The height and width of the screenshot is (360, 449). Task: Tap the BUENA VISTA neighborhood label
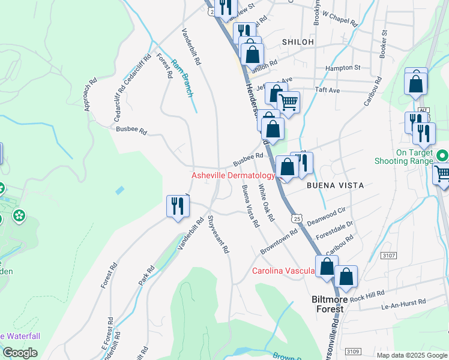[x=335, y=185]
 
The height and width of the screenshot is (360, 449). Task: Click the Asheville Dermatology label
[x=233, y=176]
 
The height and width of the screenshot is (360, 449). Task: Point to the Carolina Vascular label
[x=283, y=271]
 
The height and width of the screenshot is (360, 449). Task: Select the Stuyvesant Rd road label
[x=218, y=233]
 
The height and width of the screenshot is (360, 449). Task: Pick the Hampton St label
[x=342, y=68]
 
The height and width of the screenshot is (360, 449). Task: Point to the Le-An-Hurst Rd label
[x=403, y=305]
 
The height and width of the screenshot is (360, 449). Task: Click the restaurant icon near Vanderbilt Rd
[x=178, y=206]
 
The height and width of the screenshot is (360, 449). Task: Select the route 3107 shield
[x=388, y=256]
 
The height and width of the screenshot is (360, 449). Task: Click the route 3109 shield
[x=354, y=350]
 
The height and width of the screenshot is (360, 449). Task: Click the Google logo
[x=20, y=353]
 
